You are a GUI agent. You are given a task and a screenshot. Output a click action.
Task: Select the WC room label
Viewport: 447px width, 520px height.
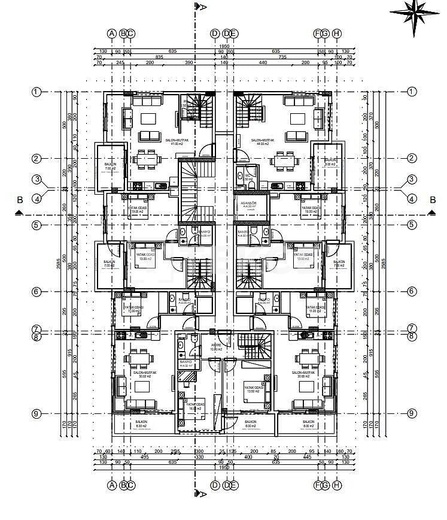click(248, 176)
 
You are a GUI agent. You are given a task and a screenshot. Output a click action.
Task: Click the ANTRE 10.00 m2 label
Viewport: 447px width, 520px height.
click(217, 346)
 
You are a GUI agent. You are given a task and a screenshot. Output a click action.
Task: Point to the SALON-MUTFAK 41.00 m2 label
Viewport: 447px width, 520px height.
click(177, 141)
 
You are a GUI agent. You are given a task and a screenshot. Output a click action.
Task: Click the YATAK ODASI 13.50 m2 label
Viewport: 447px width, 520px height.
click(254, 389)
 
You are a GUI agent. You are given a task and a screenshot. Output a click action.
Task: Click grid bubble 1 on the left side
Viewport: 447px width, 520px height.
click(37, 92)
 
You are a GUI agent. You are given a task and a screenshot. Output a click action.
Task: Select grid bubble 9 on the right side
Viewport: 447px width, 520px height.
click(412, 413)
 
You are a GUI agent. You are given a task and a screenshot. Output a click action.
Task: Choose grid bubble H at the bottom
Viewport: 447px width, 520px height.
click(337, 485)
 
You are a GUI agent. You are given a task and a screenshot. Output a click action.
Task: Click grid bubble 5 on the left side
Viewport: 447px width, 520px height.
click(37, 225)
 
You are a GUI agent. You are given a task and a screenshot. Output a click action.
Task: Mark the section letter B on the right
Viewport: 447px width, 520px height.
click(431, 199)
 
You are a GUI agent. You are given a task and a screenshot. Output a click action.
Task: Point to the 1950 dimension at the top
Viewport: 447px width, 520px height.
click(224, 46)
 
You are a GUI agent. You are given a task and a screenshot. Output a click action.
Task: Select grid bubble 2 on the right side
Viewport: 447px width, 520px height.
click(412, 158)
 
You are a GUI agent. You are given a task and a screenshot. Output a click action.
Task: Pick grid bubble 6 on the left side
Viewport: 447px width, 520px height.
click(37, 292)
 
